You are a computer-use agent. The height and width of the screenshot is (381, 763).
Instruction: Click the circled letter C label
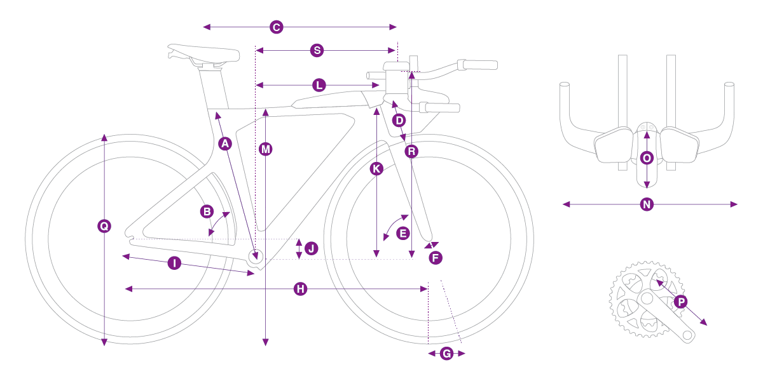[276, 27]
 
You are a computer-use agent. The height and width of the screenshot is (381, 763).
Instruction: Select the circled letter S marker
[317, 50]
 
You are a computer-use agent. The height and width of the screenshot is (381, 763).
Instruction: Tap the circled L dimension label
[319, 85]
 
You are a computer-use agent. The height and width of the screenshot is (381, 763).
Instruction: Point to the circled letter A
[225, 144]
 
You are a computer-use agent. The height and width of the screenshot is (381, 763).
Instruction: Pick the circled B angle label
[207, 211]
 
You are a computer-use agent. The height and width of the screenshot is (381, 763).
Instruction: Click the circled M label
[265, 149]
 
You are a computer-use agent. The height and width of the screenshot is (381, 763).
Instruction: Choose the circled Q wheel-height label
[104, 226]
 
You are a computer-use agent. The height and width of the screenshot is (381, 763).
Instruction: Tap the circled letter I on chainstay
[174, 263]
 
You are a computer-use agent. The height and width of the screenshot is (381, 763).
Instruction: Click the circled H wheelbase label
[300, 289]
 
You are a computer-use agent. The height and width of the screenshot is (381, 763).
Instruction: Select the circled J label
[312, 248]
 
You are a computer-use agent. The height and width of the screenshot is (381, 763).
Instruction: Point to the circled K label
[376, 169]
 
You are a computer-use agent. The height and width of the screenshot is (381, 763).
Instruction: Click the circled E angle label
[403, 234]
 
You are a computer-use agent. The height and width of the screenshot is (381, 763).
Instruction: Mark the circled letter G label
[446, 354]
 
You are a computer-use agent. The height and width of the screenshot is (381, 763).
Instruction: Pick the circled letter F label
[436, 258]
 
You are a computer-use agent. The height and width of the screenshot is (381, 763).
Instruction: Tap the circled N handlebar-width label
[647, 204]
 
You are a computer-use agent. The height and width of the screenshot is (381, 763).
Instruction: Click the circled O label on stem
[647, 158]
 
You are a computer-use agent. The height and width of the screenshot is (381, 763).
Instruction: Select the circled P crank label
[681, 302]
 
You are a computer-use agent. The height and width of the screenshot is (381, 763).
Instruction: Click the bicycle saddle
[203, 54]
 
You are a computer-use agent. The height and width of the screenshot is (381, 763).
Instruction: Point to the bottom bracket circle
[256, 256]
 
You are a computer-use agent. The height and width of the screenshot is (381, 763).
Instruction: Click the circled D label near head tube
[399, 120]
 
